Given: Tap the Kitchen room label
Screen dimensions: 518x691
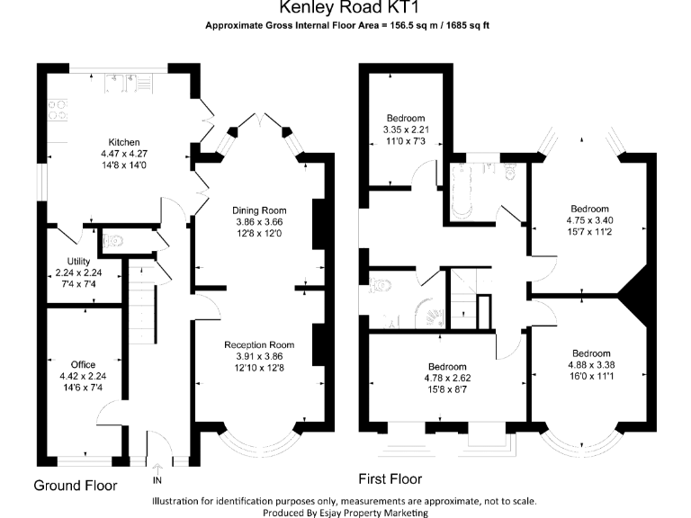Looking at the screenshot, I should (124, 143).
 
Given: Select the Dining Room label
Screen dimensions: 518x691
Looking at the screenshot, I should (259, 210).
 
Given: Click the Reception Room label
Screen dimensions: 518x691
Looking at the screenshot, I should (259, 344).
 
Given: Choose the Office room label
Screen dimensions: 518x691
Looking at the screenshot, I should (76, 365).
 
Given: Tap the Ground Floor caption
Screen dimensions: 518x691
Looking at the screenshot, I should (76, 486).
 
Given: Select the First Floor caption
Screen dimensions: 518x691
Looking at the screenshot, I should (390, 478).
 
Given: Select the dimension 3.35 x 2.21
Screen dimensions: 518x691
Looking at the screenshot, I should (405, 129).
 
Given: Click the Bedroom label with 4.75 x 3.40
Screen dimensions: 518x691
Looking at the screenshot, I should (589, 209).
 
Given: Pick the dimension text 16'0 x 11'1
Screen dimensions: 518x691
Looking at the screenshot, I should (591, 376).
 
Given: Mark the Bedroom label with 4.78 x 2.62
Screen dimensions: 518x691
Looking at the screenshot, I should (447, 367).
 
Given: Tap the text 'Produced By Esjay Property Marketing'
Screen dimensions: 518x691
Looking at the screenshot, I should (345, 513).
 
